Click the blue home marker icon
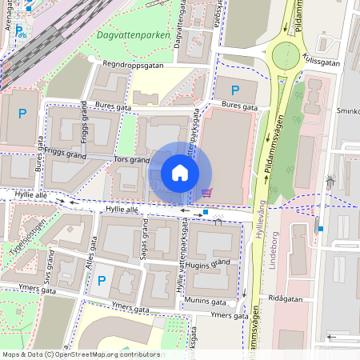(180, 173)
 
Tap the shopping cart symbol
(207, 192)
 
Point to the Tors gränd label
(132, 159)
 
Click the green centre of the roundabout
(286, 56)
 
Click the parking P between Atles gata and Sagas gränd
(101, 280)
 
